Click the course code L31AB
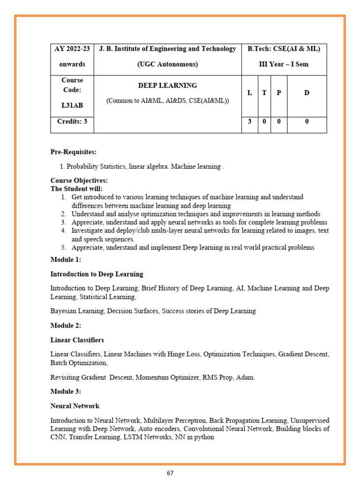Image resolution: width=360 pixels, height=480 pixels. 72,105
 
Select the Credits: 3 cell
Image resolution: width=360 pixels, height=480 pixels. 72,121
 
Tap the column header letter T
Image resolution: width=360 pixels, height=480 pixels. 264,93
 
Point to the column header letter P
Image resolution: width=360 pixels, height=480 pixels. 279,93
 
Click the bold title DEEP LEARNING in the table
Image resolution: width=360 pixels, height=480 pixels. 167,86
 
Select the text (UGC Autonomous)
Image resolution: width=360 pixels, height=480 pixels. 167,64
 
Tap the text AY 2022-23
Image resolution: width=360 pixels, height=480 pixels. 72,49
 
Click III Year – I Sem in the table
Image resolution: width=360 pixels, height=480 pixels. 284,64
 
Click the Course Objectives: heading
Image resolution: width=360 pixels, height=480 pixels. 79,180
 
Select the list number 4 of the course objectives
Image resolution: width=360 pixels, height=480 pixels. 63,231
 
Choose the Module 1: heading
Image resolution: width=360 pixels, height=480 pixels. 66,260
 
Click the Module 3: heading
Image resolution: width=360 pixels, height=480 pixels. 66,391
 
